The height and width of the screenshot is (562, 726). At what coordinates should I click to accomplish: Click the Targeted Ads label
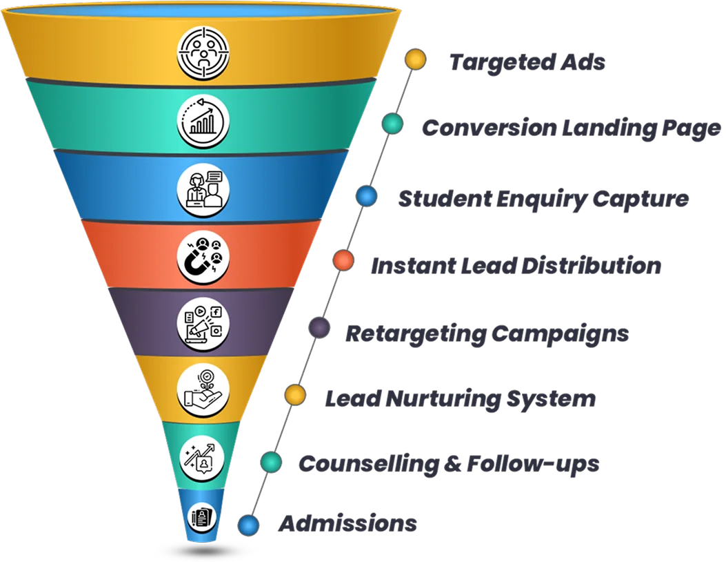tap(527, 62)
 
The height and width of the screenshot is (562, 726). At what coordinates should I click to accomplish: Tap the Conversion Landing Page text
tap(572, 128)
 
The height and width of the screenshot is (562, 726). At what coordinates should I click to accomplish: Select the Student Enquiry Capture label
tap(543, 199)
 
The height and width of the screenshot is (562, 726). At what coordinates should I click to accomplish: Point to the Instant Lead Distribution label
tap(516, 266)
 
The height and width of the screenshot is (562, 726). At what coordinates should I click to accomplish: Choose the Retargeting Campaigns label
tap(487, 333)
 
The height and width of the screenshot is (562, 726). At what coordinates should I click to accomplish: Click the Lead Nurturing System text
tap(460, 398)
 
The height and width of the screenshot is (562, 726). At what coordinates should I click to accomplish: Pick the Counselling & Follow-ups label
tap(449, 463)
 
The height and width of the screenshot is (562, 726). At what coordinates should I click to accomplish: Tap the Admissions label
tap(348, 523)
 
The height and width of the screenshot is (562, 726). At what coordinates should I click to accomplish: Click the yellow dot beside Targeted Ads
tap(415, 59)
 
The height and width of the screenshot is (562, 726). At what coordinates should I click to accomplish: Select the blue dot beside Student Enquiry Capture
tap(367, 196)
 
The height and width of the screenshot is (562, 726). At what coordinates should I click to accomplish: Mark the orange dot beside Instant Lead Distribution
tap(343, 261)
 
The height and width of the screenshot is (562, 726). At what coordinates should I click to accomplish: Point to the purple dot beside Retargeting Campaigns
tap(319, 327)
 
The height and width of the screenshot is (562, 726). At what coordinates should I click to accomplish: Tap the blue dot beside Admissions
tap(248, 525)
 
